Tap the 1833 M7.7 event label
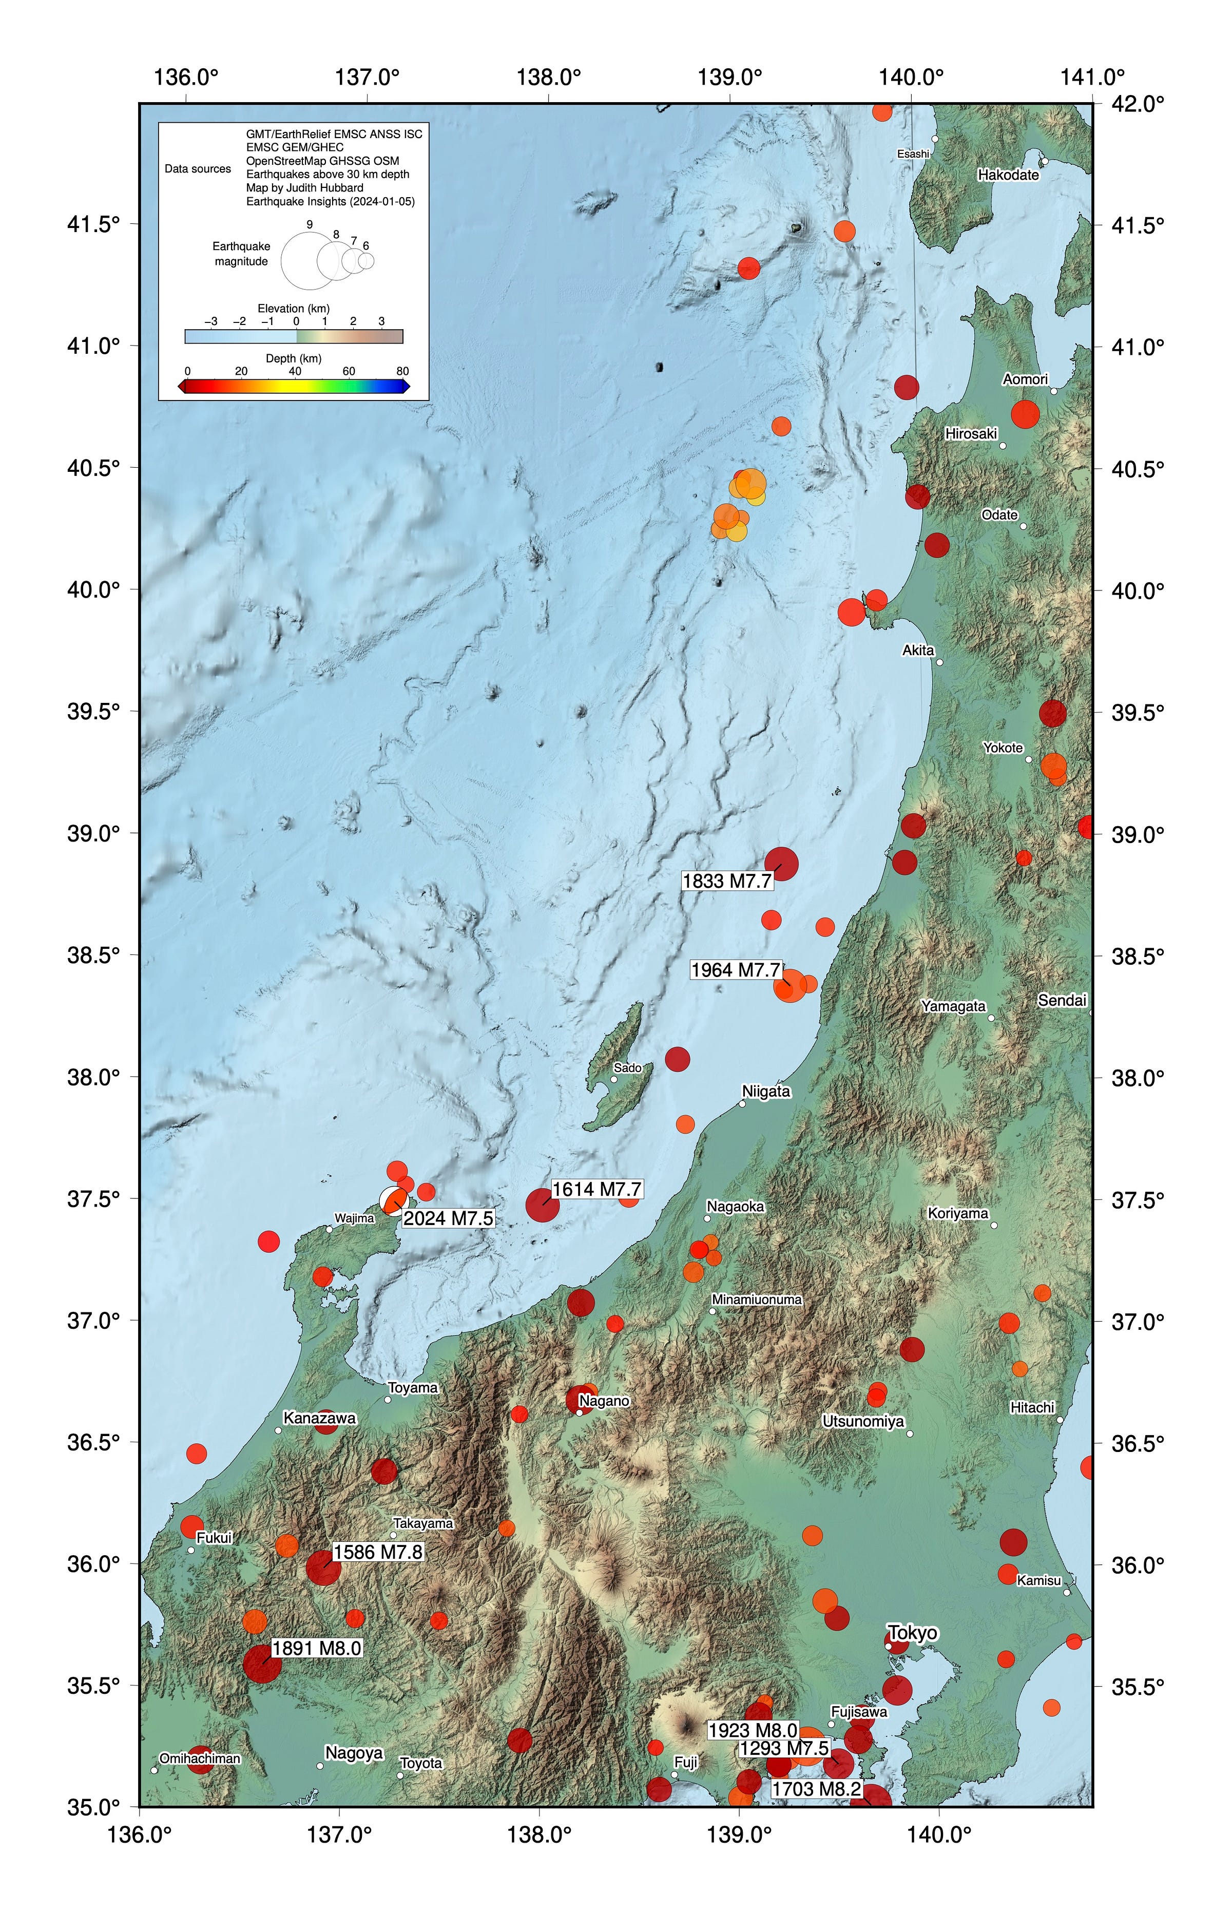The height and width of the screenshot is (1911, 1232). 727,882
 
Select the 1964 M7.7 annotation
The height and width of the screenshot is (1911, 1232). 735,970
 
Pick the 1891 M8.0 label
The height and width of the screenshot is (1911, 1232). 317,1649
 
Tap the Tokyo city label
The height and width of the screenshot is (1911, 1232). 912,1633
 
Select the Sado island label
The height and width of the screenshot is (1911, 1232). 627,1068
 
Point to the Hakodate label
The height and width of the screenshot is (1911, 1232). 1008,175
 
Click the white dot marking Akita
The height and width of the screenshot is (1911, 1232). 939,662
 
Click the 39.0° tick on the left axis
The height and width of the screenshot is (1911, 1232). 93,833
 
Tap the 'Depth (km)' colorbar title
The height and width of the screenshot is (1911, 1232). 294,358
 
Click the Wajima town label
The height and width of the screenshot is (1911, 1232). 354,1219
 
